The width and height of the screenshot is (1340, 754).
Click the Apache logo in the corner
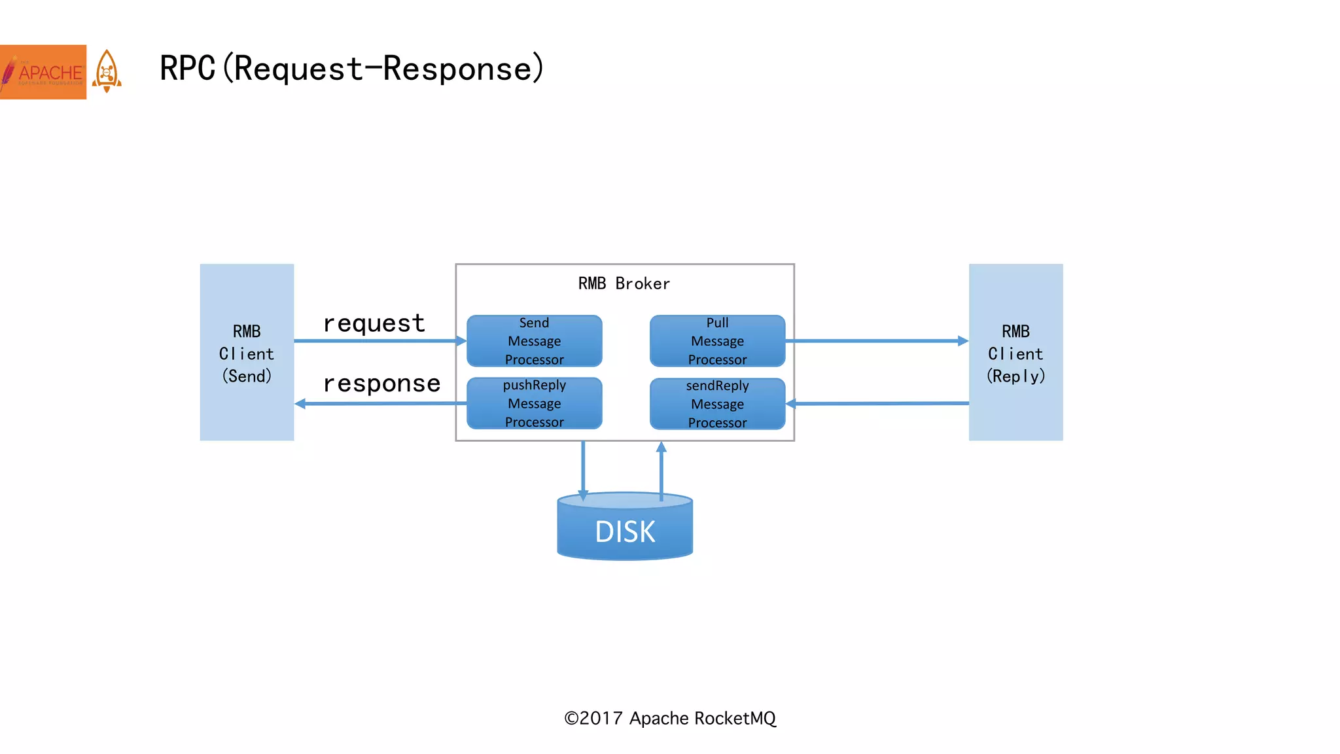point(43,72)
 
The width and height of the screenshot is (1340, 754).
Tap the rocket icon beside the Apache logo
point(107,71)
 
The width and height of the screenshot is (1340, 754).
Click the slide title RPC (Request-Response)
point(351,68)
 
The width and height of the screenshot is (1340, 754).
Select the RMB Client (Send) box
point(247,352)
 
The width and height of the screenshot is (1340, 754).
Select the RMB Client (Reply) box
point(1015,352)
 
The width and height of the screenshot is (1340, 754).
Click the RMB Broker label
point(624,283)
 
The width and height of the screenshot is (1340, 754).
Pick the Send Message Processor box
point(534,341)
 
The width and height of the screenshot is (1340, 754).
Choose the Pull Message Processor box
point(717,341)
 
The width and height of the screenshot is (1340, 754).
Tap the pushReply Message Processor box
point(534,403)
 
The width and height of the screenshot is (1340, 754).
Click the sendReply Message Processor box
point(717,404)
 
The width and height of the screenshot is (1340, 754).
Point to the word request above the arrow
point(374,323)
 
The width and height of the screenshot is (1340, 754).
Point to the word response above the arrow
point(381,384)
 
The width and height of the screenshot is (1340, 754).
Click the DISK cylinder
point(625,531)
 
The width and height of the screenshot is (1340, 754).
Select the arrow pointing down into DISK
point(583,468)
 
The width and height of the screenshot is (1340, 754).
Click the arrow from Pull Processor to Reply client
point(877,341)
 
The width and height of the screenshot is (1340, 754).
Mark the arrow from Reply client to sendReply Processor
point(877,404)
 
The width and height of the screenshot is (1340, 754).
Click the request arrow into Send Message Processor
point(379,341)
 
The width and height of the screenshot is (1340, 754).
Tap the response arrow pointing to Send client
point(379,404)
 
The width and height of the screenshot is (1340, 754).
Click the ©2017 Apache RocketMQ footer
point(670,719)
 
